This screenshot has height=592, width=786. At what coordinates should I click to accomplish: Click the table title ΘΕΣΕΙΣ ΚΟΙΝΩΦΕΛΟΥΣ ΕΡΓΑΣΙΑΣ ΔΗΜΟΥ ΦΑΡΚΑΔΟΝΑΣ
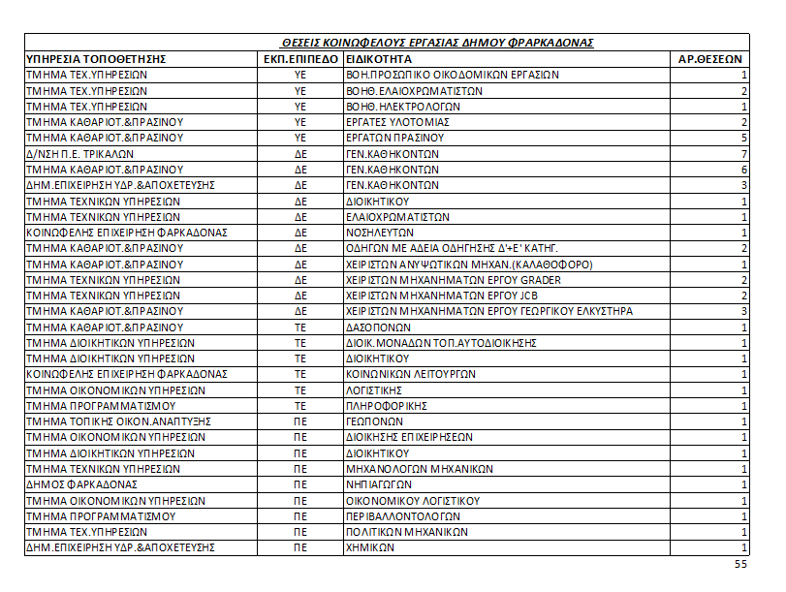[x=435, y=44]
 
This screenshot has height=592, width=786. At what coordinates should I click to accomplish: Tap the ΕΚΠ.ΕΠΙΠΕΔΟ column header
[x=300, y=59]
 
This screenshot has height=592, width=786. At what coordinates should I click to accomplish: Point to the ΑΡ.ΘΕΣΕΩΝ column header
[x=711, y=59]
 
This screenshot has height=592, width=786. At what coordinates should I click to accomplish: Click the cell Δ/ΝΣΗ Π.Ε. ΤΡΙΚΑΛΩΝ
[x=73, y=154]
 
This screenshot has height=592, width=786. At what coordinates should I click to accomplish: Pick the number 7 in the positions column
[x=743, y=154]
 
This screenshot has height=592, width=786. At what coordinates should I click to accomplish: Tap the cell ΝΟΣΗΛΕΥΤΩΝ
[x=380, y=233]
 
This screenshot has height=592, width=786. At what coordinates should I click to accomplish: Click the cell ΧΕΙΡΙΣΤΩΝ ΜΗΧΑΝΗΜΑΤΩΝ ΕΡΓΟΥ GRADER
[x=454, y=280]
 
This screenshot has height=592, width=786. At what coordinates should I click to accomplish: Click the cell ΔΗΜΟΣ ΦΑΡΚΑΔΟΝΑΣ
[x=81, y=484]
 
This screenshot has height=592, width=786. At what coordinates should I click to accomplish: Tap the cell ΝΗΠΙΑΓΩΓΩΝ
[x=379, y=484]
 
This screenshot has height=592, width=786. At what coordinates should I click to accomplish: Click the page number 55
[x=741, y=564]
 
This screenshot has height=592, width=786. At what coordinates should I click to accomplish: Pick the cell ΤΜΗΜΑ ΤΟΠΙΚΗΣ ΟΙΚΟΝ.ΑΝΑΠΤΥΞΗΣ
[x=118, y=421]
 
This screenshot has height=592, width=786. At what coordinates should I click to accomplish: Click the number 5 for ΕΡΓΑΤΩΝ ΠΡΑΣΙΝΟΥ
[x=743, y=138]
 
